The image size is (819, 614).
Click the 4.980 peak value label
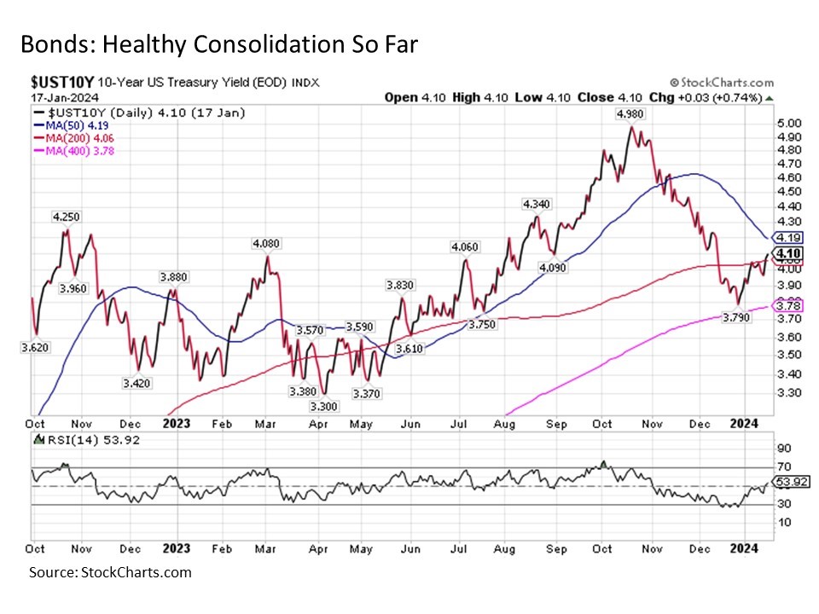(x=632, y=115)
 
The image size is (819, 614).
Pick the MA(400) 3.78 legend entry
(x=76, y=151)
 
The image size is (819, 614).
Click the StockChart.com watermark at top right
(x=723, y=83)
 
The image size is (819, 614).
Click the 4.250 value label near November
(x=67, y=217)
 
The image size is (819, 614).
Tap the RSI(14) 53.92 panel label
(x=84, y=440)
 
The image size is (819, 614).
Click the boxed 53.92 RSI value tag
(x=787, y=481)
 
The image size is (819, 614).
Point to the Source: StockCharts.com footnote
(x=110, y=571)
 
